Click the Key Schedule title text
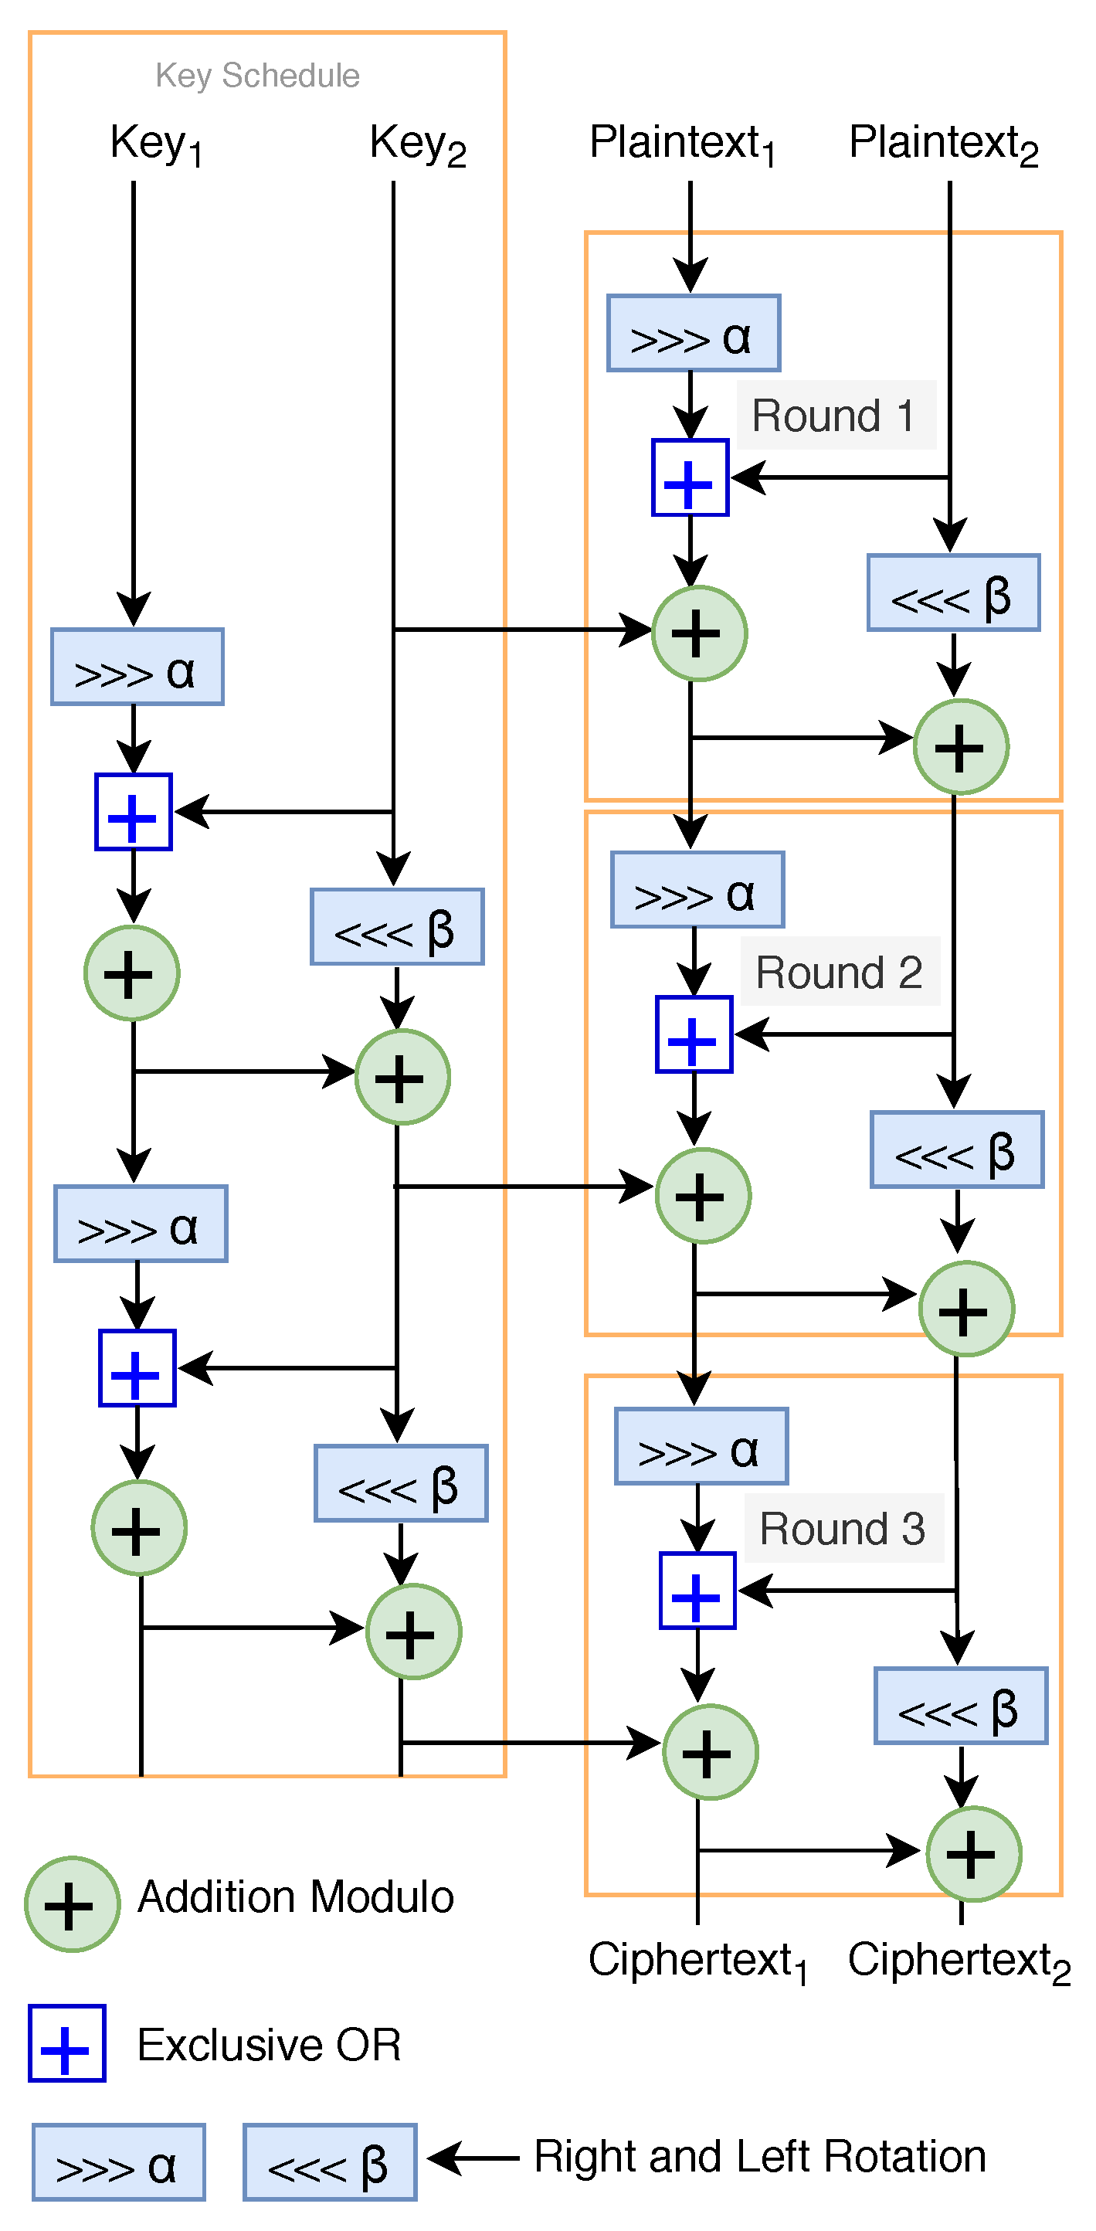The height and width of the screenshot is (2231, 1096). pos(257,76)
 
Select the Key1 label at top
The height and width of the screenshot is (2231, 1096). pos(156,144)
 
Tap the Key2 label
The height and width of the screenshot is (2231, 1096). pos(417,144)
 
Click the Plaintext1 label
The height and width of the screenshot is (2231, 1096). pos(681,144)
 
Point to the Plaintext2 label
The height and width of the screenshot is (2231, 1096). pos(943,144)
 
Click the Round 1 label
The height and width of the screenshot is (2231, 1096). pos(835,416)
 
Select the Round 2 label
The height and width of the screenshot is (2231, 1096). pos(839,972)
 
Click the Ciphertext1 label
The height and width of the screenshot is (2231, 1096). pos(697,1960)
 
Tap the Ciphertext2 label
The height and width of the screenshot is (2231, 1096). pos(959,1960)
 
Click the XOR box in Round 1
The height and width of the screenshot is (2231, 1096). pos(690,477)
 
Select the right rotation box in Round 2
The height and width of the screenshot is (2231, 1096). pos(697,889)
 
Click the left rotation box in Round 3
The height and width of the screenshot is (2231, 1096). pos(960,1705)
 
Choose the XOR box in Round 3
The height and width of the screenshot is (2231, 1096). pos(697,1590)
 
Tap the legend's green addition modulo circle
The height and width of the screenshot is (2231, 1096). pos(72,1903)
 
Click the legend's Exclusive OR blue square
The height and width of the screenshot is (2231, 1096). pos(66,2043)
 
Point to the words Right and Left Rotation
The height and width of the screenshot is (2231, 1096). pos(759,2157)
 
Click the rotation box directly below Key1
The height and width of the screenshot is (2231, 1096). pos(137,667)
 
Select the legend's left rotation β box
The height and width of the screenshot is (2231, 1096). pos(329,2161)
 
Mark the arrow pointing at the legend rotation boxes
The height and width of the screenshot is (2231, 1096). pos(472,2158)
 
